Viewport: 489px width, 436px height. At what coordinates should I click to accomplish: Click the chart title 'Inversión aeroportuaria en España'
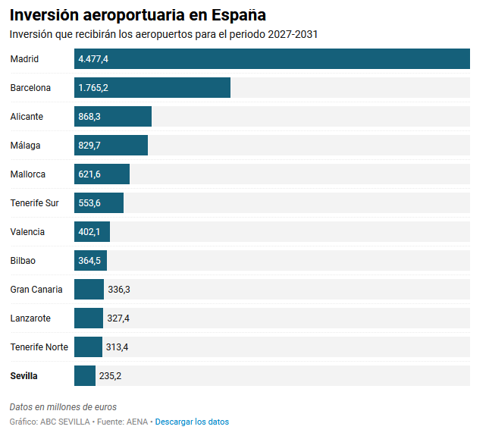137,15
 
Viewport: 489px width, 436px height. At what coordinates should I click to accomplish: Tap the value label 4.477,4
93,59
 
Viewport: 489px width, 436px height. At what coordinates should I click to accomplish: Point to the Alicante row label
27,117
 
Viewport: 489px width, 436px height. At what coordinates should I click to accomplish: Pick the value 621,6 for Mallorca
89,174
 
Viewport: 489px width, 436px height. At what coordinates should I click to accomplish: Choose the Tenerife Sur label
34,203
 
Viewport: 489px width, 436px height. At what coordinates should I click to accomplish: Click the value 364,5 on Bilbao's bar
89,261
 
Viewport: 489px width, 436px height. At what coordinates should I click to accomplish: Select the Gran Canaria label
36,290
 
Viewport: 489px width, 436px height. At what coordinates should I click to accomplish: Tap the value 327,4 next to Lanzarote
118,318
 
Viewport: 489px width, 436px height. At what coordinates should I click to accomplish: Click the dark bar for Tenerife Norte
88,347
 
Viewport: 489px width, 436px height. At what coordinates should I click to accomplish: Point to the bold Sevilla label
24,376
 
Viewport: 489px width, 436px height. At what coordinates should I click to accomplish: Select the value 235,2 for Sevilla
111,376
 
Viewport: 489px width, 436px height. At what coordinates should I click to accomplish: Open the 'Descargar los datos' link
192,422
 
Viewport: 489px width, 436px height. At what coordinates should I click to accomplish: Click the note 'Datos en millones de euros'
63,407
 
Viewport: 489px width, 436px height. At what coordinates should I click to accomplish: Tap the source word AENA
136,422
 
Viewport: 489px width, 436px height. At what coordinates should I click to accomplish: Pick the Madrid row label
24,59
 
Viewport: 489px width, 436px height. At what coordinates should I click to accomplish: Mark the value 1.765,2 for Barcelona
93,88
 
